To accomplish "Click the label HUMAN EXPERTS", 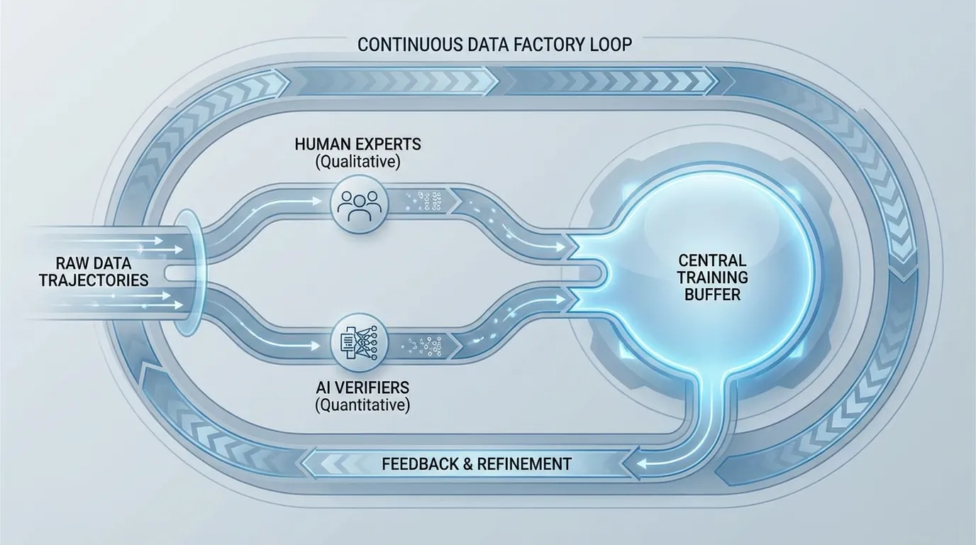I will pyautogui.click(x=358, y=144).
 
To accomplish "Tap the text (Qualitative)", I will pyautogui.click(x=358, y=162).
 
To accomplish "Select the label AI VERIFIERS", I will pyautogui.click(x=358, y=387).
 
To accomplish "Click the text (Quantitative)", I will pyautogui.click(x=362, y=405).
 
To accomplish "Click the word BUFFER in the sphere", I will pyautogui.click(x=712, y=294).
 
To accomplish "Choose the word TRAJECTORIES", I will pyautogui.click(x=94, y=280).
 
